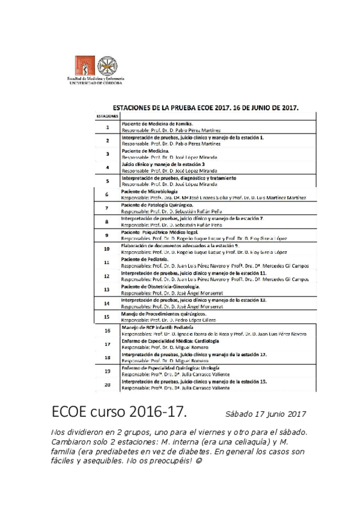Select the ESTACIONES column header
(106, 115)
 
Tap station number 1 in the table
(107, 127)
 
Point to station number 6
(106, 195)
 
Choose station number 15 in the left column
(106, 316)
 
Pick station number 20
(107, 384)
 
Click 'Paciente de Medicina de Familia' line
(156, 123)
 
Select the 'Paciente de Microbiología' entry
(150, 191)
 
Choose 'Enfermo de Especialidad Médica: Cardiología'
(170, 341)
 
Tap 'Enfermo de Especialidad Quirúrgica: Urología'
(170, 367)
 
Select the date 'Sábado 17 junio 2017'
(266, 414)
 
